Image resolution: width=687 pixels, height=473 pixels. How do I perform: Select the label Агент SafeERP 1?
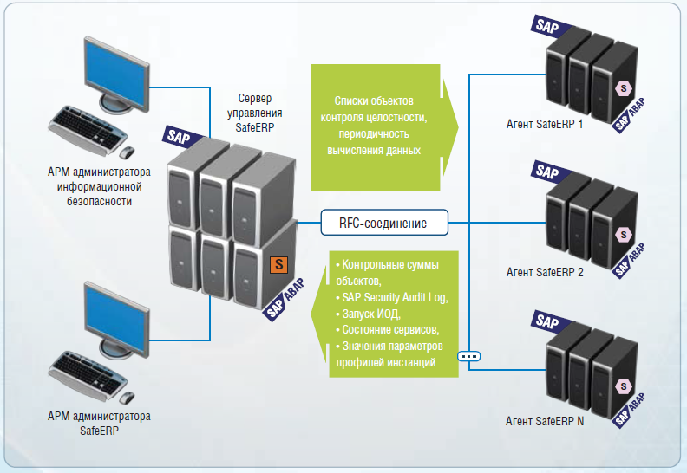pyautogui.click(x=545, y=124)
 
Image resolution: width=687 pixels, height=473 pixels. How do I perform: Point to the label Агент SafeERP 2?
pyautogui.click(x=545, y=272)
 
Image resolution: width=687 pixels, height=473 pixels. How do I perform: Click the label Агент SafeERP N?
pyautogui.click(x=545, y=421)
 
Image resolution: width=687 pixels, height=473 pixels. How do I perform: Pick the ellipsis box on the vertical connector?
pyautogui.click(x=469, y=355)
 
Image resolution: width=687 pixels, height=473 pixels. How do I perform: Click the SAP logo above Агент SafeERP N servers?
pyautogui.click(x=546, y=321)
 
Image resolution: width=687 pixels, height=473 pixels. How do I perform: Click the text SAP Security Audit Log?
pyautogui.click(x=395, y=297)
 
